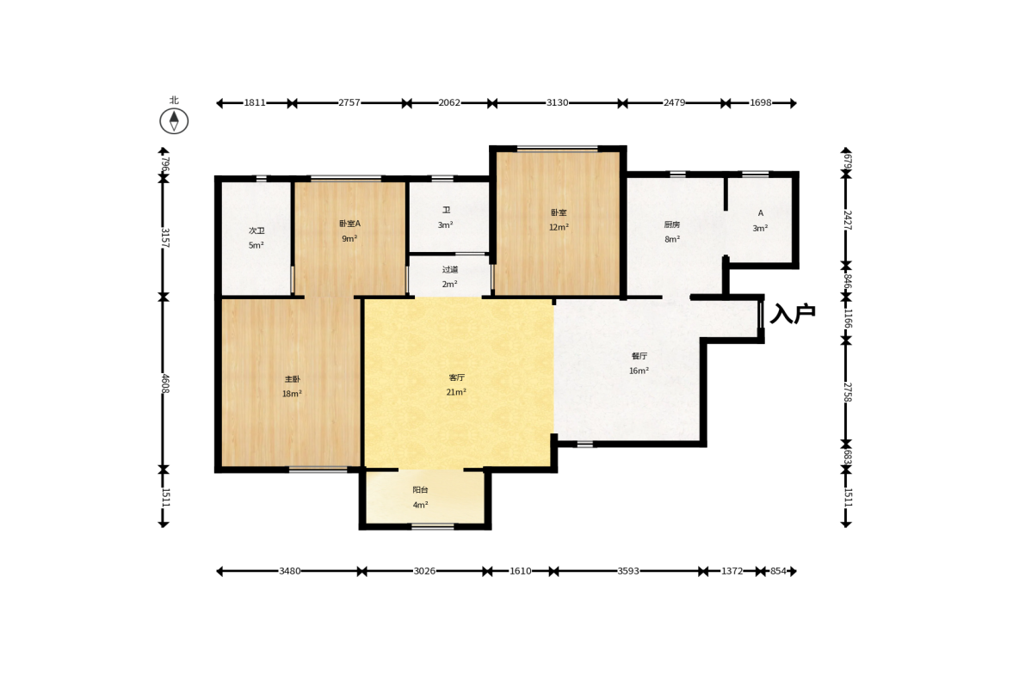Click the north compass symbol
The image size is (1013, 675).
point(174,120)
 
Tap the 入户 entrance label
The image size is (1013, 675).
point(793,314)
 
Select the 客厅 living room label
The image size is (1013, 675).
point(456,377)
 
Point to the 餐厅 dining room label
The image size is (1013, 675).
point(639,356)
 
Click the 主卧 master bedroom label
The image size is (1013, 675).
point(292,379)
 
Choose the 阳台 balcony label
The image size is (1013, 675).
point(420,490)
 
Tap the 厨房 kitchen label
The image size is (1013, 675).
point(672,224)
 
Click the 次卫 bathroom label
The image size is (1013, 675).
point(256,230)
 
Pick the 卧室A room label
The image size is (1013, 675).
point(349,224)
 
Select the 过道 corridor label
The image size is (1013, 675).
point(449,269)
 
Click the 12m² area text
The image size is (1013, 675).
point(559,227)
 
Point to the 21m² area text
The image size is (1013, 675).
point(456,392)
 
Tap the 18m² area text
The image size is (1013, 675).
point(292,394)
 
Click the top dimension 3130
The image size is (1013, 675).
point(557,102)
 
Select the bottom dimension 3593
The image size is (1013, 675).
point(628,571)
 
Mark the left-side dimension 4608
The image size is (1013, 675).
point(165,384)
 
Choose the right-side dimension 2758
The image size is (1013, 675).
point(848,392)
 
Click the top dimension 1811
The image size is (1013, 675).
point(255,102)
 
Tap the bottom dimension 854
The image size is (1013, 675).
point(779,571)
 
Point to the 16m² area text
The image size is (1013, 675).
point(639,371)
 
